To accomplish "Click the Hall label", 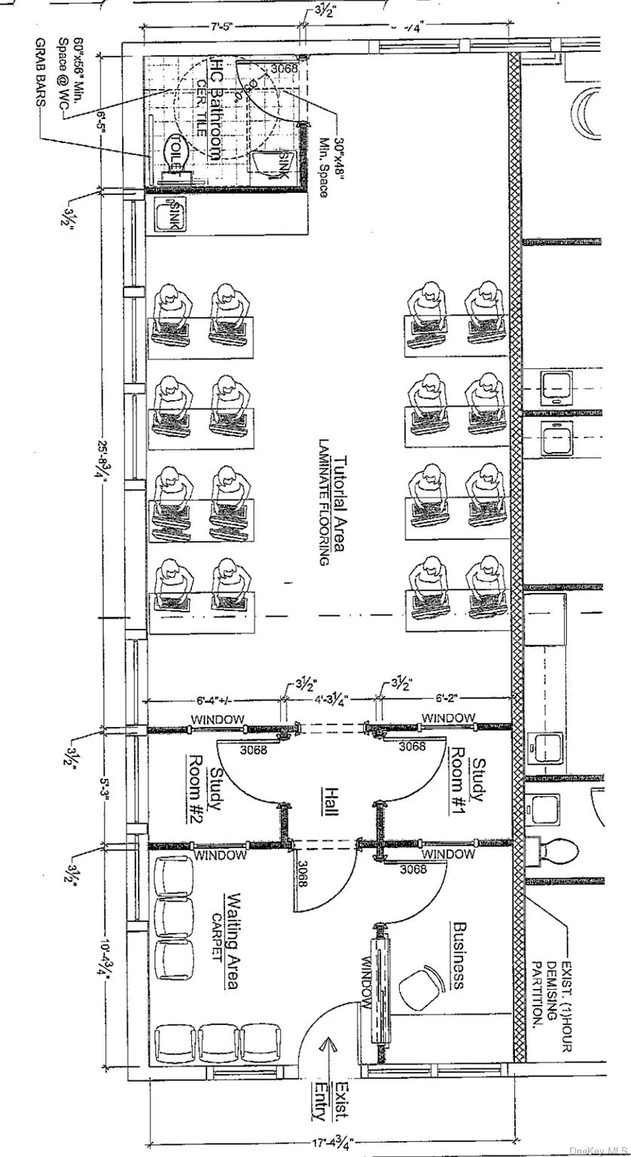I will point(330,801).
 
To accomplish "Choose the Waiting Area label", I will point(233,941).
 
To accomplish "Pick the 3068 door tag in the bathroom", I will point(284,69).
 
